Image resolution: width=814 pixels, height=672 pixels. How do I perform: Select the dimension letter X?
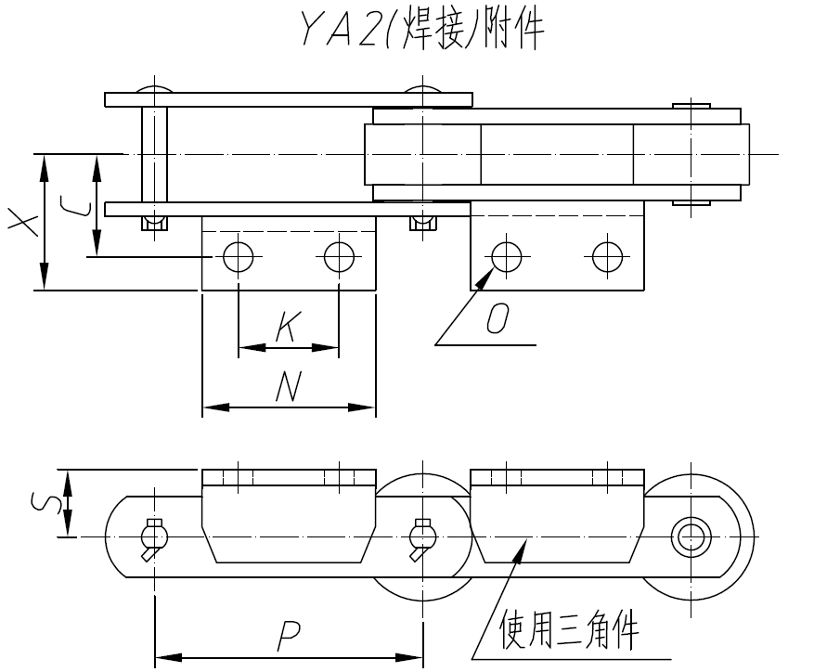tap(21, 223)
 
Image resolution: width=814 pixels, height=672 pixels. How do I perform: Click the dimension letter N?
tap(289, 386)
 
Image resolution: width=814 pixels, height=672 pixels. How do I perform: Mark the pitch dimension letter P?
tap(289, 635)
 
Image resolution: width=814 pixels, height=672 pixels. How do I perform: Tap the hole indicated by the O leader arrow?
tap(506, 256)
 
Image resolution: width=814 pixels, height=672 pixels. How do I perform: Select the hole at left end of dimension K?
tap(239, 256)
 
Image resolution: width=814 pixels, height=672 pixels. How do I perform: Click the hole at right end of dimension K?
tap(339, 256)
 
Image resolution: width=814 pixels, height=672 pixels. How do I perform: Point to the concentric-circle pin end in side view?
tap(691, 536)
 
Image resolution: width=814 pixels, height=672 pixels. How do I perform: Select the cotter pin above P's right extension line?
tap(423, 537)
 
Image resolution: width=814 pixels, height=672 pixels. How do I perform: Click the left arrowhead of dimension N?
tap(209, 407)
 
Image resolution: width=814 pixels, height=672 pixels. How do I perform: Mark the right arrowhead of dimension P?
tap(417, 657)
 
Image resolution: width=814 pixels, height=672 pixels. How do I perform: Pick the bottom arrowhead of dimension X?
tap(44, 283)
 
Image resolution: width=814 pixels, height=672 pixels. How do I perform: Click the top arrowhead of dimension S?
tap(66, 476)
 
